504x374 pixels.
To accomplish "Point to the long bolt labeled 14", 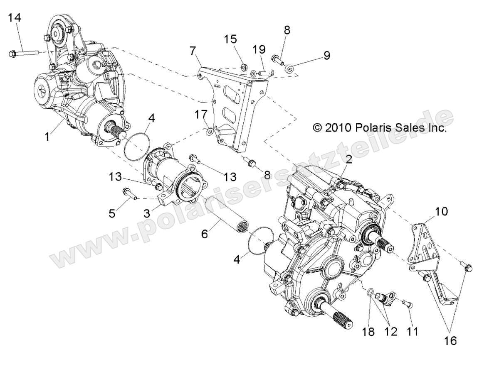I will pos(22,53).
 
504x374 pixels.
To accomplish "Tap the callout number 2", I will pos(348,159).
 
